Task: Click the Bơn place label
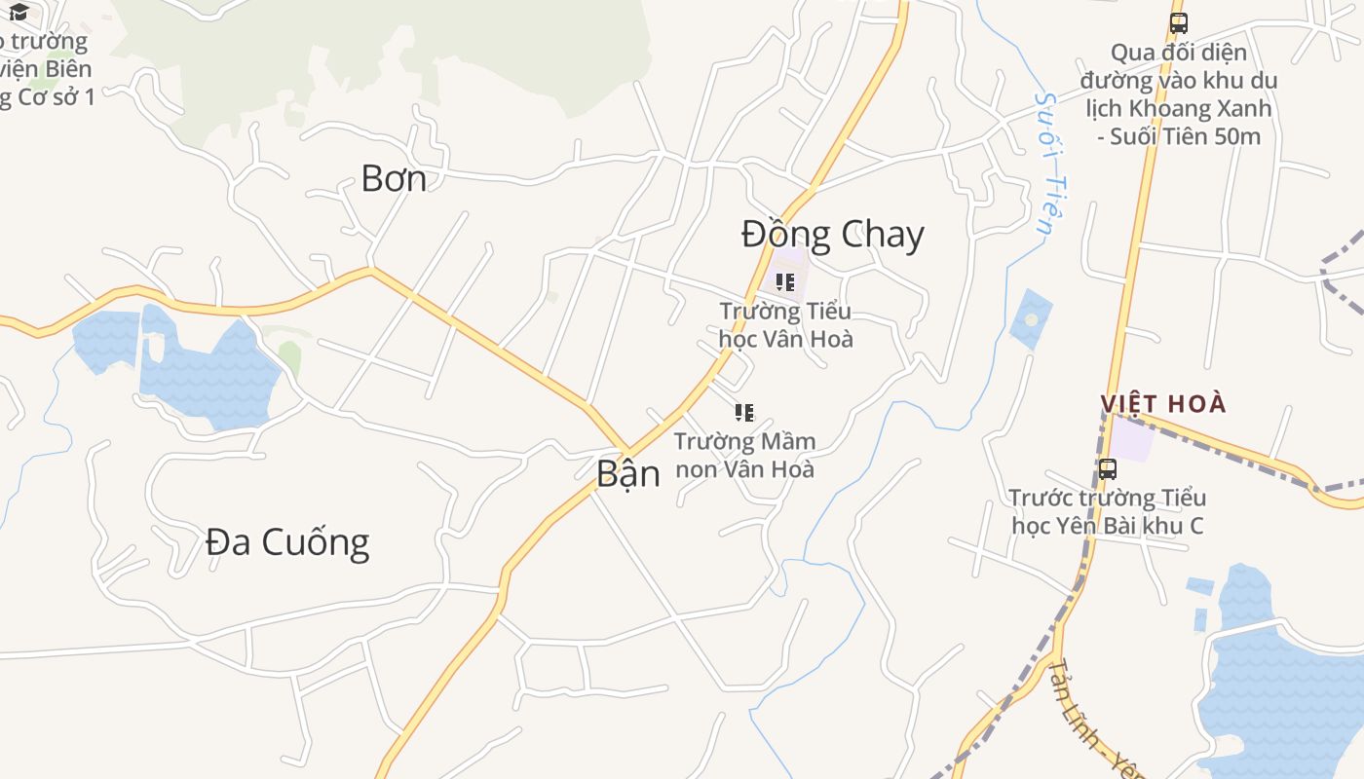[x=394, y=178]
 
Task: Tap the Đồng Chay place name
[x=832, y=235]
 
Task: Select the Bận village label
[x=627, y=473]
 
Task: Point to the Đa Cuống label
[x=287, y=542]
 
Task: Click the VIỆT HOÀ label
[x=1163, y=404]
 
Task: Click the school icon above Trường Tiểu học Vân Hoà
[x=785, y=282]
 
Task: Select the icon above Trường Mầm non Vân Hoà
[x=744, y=413]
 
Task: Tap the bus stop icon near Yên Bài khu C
[x=1108, y=469]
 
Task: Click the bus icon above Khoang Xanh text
[x=1179, y=23]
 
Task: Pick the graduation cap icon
[x=18, y=12]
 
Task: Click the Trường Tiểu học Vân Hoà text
[x=785, y=325]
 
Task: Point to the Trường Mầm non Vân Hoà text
[x=744, y=455]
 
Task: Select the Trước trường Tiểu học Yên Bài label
[x=1108, y=512]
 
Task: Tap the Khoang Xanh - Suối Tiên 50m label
[x=1179, y=93]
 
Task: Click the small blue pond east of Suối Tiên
[x=1031, y=318]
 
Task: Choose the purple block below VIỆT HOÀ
[x=1132, y=438]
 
